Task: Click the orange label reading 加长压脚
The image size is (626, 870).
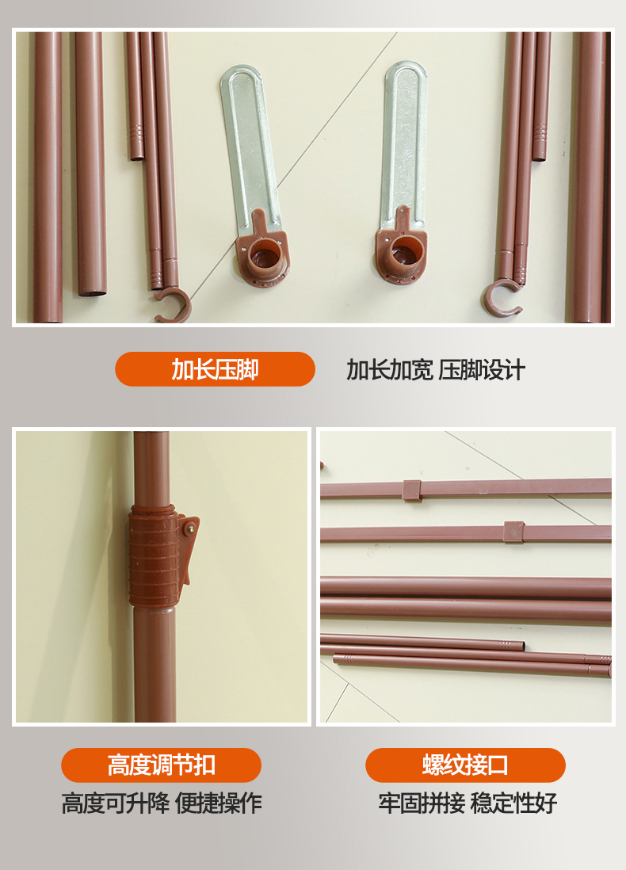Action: (215, 369)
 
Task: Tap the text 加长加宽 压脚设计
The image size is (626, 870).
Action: (436, 369)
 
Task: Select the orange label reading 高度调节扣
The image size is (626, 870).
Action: (161, 765)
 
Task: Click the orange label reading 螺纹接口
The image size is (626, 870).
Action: (465, 765)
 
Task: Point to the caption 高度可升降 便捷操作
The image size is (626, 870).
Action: (162, 803)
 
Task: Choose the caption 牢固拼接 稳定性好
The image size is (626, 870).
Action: (468, 803)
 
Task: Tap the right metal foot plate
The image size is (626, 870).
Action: (403, 145)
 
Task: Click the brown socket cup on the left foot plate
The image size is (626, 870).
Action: (263, 257)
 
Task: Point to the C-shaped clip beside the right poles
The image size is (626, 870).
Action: (501, 298)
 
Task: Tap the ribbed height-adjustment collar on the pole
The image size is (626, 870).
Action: (154, 556)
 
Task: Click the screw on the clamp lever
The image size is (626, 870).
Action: (190, 529)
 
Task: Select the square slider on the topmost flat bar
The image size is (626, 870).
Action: (412, 490)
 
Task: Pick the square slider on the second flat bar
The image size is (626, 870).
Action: (513, 532)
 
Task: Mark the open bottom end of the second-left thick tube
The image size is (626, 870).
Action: (92, 292)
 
